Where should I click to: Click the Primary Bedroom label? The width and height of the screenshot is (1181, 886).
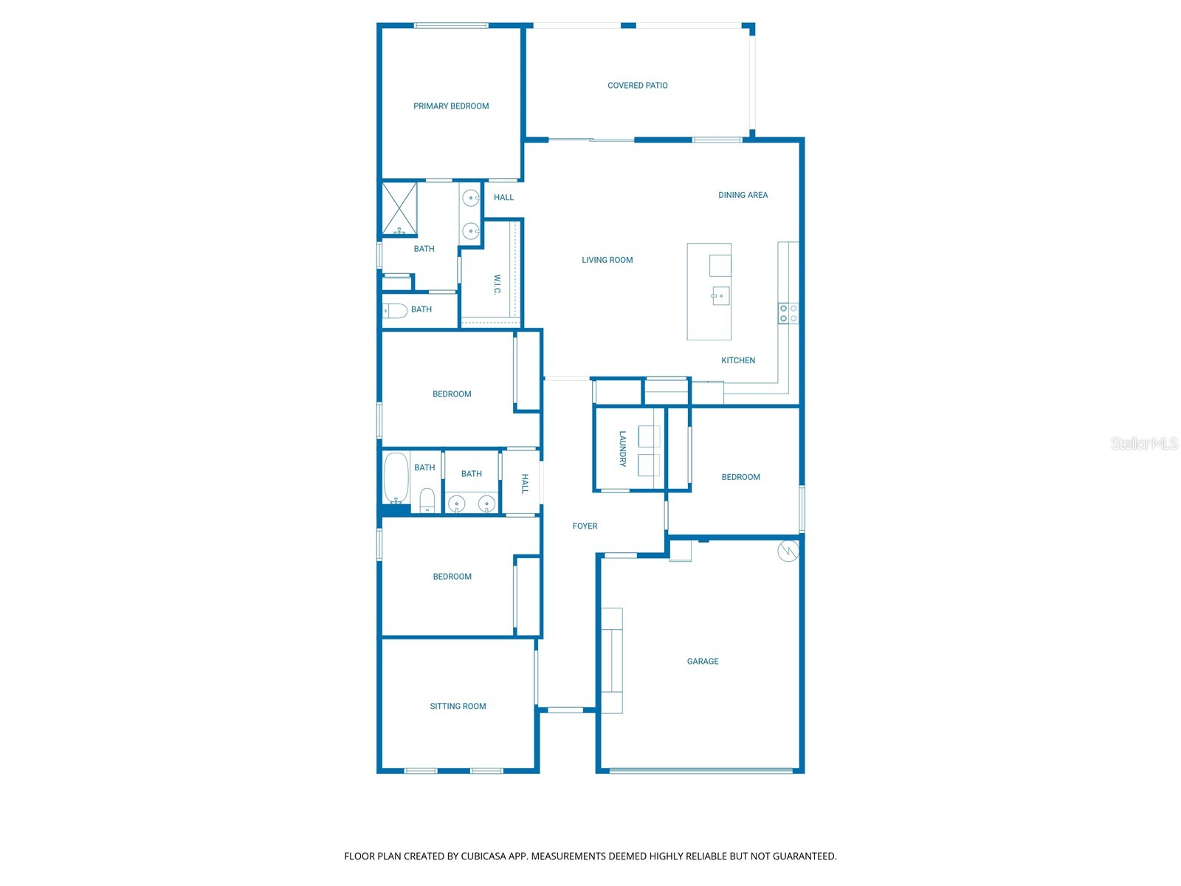451,106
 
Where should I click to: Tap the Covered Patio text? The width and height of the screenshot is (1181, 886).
637,86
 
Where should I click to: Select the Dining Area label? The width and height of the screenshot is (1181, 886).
743,195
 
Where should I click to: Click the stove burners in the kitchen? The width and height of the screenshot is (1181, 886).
788,313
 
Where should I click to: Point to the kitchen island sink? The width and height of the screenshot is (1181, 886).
720,295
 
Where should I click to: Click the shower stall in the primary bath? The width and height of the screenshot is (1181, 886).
399,209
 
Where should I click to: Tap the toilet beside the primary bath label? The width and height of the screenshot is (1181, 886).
395,311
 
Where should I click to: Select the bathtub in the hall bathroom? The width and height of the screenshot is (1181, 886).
396,478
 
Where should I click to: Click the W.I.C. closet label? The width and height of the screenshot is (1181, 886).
497,284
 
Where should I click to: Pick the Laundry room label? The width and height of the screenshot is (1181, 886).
622,449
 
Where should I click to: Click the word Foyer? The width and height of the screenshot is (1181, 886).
585,526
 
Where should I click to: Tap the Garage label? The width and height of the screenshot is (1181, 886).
702,662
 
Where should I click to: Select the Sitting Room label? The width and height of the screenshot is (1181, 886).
458,707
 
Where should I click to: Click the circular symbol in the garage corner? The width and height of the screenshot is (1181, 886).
788,551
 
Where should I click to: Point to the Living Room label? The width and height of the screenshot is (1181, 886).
607,260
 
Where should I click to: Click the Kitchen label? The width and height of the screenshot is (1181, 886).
737,360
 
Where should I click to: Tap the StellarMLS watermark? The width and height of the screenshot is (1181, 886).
1143,443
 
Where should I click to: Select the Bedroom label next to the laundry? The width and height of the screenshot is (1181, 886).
740,477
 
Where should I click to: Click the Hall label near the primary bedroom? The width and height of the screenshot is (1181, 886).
503,197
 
